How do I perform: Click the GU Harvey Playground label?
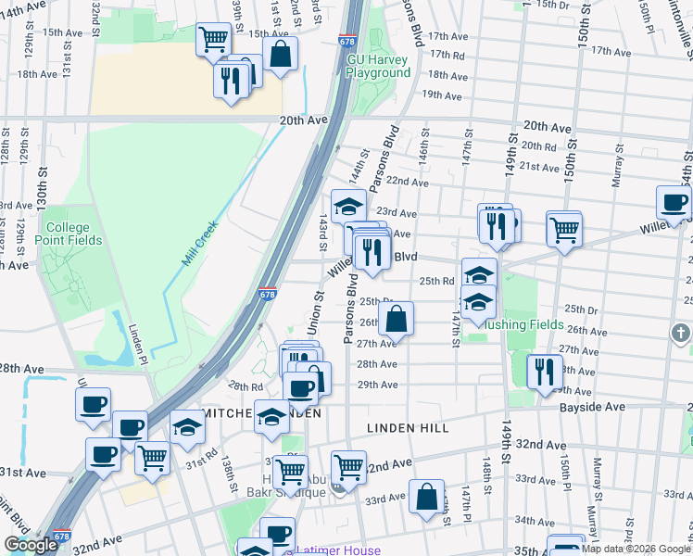click(378, 66)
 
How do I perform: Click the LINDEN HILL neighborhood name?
click(408, 428)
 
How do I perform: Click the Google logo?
click(30, 545)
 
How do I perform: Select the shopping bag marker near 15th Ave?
click(280, 54)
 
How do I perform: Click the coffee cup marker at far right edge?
click(673, 202)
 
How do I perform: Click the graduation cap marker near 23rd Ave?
click(348, 206)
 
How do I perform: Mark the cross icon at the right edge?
click(682, 332)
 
